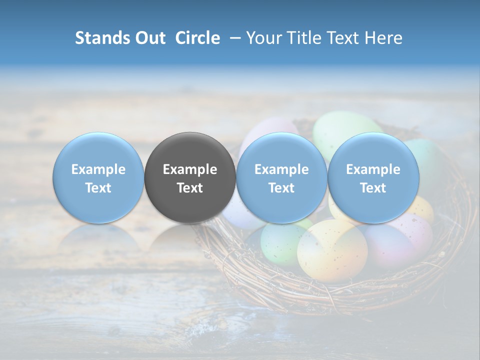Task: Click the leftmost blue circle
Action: coord(98,178)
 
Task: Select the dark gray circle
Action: coord(190,178)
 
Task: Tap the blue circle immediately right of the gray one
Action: coord(281,178)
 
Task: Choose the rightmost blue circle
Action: coord(373,178)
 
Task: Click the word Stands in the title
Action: coord(101,38)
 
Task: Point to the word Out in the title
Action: coord(149,38)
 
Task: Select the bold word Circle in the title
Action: coord(197,38)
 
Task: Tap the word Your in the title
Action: coord(263,38)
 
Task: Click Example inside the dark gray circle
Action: coord(190,169)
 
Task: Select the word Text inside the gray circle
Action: coord(190,188)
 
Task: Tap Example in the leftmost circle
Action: coord(98,169)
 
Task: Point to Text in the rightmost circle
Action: coord(373,188)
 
